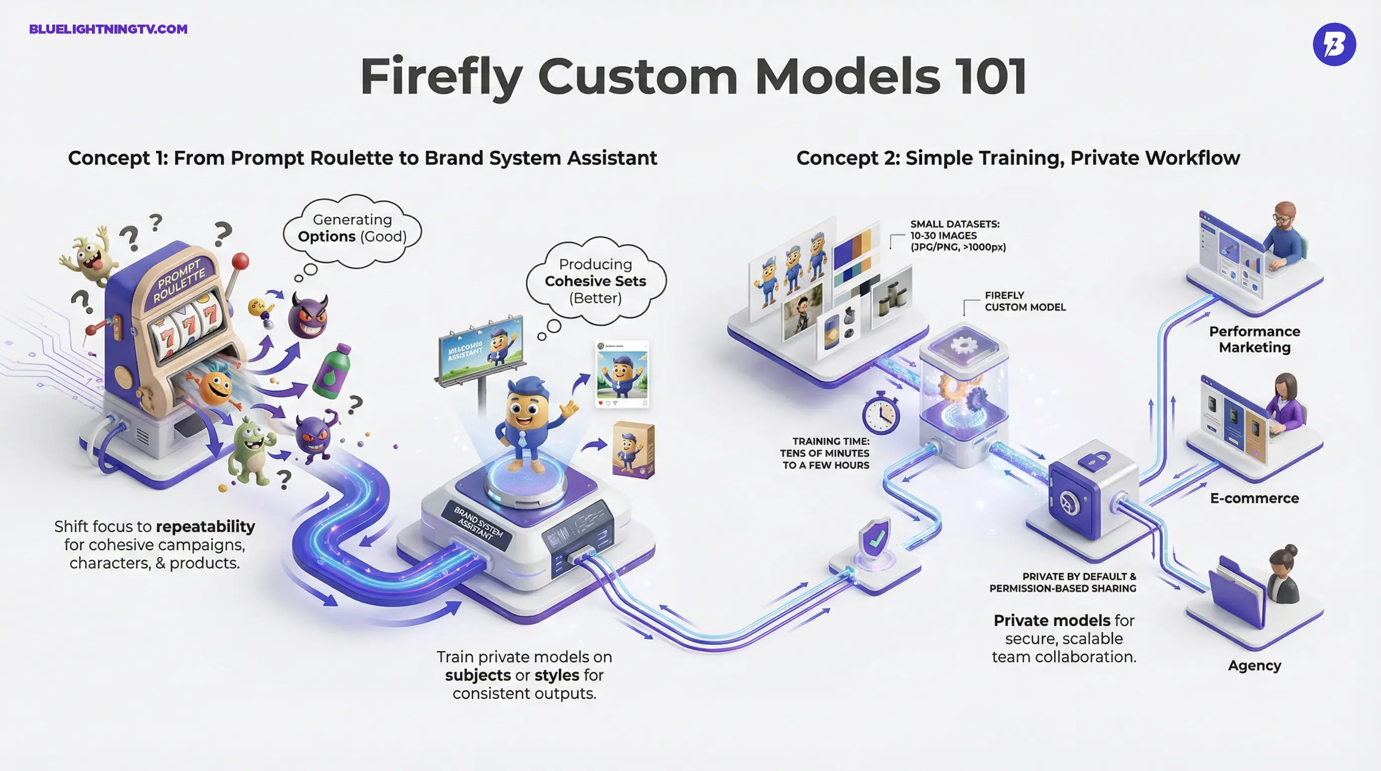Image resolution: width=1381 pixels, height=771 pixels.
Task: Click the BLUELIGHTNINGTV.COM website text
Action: (x=108, y=29)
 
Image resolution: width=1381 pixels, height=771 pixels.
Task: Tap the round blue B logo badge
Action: (x=1334, y=45)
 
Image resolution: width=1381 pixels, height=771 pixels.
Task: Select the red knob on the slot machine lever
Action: (x=241, y=261)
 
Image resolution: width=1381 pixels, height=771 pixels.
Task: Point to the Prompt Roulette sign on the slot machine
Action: (x=180, y=281)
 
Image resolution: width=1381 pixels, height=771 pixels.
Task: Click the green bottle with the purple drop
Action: (x=333, y=371)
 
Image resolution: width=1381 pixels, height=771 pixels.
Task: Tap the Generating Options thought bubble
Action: (x=352, y=229)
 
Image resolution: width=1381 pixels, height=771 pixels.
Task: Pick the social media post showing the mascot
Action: (x=622, y=374)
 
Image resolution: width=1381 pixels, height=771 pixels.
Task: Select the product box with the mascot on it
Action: (x=634, y=449)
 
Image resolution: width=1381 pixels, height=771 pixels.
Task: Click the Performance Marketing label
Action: (x=1255, y=339)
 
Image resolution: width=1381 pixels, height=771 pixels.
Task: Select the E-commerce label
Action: (x=1255, y=498)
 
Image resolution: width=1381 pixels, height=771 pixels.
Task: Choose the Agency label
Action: (x=1255, y=666)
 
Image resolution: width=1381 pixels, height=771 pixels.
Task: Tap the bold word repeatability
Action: (x=205, y=527)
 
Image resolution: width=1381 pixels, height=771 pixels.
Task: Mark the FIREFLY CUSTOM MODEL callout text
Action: (x=1025, y=301)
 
